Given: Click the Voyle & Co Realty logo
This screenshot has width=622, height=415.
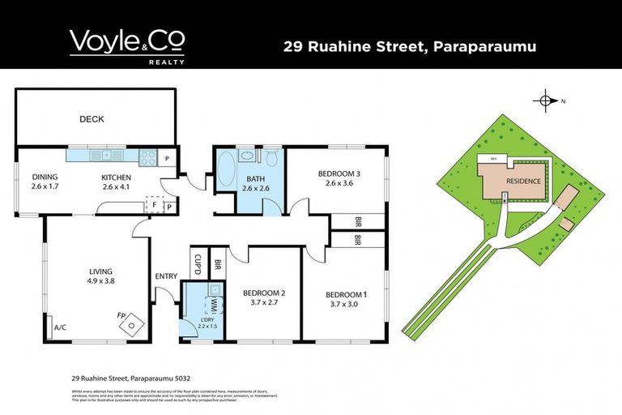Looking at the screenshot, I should (127, 45).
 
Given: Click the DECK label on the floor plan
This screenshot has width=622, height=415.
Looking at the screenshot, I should (92, 119).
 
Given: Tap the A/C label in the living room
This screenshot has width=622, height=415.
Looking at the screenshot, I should (59, 328).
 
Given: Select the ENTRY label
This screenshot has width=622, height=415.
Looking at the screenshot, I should (166, 276).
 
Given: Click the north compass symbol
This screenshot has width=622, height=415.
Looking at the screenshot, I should (546, 101).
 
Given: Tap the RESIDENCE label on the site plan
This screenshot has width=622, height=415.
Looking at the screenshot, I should (518, 182).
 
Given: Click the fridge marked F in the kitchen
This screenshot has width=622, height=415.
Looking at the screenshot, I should (155, 206).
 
